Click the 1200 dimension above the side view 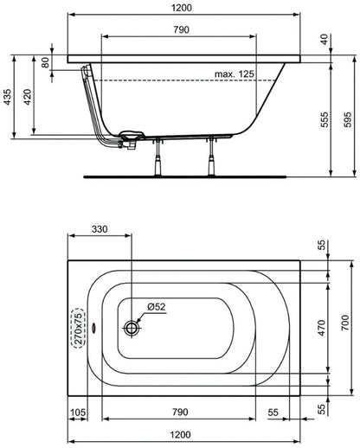click(x=182, y=8)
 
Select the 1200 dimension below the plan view click(x=180, y=434)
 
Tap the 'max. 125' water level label click(x=235, y=74)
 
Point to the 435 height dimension click(x=8, y=97)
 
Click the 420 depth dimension click(x=28, y=97)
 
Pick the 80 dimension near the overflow click(x=45, y=62)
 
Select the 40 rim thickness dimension click(x=325, y=39)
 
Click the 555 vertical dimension click(x=325, y=119)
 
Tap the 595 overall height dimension click(x=348, y=119)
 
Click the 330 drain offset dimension click(x=100, y=229)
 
